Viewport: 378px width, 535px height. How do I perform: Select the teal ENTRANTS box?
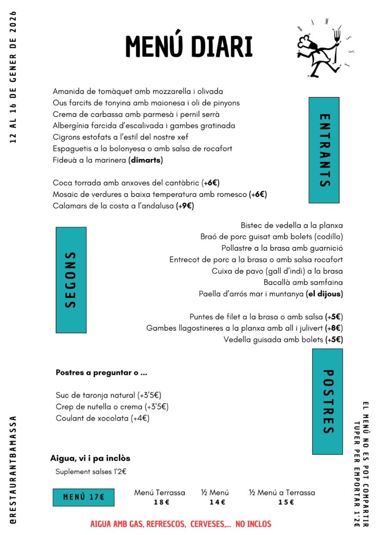coord(324,150)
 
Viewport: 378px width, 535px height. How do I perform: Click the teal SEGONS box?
coord(71,280)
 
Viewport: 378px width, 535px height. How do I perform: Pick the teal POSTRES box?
coord(327,401)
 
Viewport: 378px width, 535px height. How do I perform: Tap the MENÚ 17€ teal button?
coord(84,497)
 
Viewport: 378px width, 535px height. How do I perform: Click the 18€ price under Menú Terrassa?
coord(160,503)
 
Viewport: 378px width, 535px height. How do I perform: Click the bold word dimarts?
coord(146,160)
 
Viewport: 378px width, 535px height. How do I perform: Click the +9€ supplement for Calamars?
coord(185,206)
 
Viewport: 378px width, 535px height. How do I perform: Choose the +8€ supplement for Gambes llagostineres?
coord(334,328)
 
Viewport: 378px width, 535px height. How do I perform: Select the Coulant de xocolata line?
coord(103,418)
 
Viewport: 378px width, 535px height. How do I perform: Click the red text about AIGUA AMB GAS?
coord(181,524)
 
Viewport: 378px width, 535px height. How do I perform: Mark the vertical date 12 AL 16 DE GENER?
coord(13,77)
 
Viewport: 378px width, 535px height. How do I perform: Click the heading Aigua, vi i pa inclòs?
coord(90,458)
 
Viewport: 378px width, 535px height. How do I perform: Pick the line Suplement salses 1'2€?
coord(91,472)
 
